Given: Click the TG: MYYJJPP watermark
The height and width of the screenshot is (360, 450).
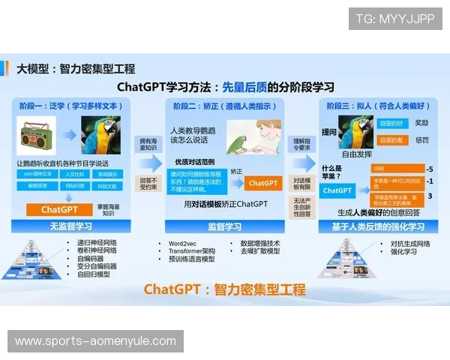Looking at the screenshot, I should coord(395,19).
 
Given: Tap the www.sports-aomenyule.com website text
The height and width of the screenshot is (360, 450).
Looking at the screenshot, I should coord(95,341).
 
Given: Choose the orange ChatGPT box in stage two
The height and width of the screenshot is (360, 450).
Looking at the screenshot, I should coord(263,182).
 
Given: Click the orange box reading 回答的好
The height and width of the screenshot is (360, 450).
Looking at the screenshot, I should coord(391,122).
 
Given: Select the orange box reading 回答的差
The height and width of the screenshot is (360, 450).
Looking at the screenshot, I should coord(391,139).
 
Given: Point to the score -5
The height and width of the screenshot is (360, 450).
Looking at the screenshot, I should coord(430,169).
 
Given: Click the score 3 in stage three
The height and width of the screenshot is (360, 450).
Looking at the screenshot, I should coord(430,196).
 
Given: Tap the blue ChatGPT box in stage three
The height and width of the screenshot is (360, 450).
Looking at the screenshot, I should coord(337,190).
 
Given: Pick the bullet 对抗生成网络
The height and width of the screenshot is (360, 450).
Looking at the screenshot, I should coord(409,243).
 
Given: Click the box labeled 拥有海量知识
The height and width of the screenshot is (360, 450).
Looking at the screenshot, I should coord(148,144).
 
